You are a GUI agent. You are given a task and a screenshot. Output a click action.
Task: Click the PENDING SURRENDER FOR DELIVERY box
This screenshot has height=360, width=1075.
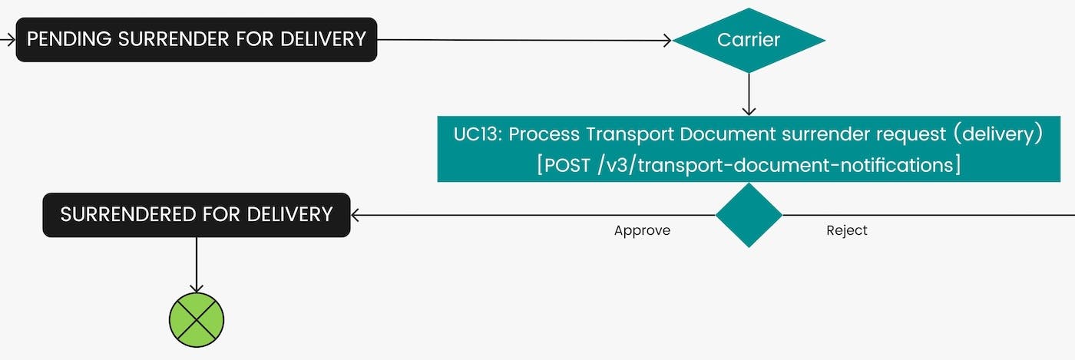click(196, 39)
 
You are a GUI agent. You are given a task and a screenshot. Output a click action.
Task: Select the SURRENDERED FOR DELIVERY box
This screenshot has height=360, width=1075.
click(196, 214)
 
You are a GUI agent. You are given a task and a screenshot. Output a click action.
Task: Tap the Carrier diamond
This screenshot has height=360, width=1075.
click(749, 40)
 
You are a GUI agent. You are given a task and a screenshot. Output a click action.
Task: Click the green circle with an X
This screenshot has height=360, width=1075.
click(197, 319)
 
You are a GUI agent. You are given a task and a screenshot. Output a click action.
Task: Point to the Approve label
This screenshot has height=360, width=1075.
click(642, 230)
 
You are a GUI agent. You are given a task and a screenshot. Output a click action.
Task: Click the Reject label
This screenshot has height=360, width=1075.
click(847, 230)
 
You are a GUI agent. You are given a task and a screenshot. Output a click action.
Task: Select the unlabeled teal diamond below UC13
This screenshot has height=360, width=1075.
click(749, 215)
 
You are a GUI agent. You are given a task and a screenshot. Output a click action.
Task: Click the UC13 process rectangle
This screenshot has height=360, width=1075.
click(749, 149)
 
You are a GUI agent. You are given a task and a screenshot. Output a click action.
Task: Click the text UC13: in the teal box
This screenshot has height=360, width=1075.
click(478, 134)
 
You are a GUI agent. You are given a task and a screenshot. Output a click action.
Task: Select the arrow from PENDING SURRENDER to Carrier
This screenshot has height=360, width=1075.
click(522, 40)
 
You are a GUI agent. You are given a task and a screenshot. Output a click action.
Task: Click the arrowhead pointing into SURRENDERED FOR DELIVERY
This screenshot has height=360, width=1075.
click(356, 215)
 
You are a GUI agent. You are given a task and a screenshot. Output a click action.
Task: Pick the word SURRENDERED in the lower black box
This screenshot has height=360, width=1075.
click(123, 214)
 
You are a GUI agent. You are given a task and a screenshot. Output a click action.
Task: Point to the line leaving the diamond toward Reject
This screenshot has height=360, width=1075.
click(921, 215)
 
